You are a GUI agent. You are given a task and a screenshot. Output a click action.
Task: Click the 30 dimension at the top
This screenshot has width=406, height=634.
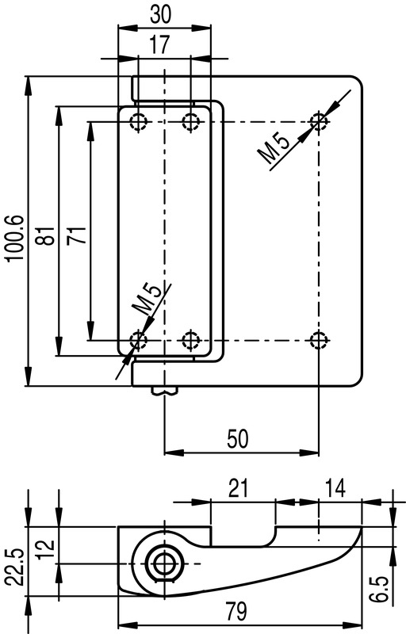(x=160, y=14)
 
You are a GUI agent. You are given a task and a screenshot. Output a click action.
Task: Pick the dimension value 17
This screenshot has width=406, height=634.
(x=160, y=44)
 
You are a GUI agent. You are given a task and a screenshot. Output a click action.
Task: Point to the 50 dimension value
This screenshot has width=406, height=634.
(x=237, y=439)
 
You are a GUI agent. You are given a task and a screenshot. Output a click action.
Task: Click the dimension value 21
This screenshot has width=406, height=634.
(x=238, y=488)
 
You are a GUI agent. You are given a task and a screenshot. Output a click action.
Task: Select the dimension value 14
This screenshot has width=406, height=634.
(x=335, y=488)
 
